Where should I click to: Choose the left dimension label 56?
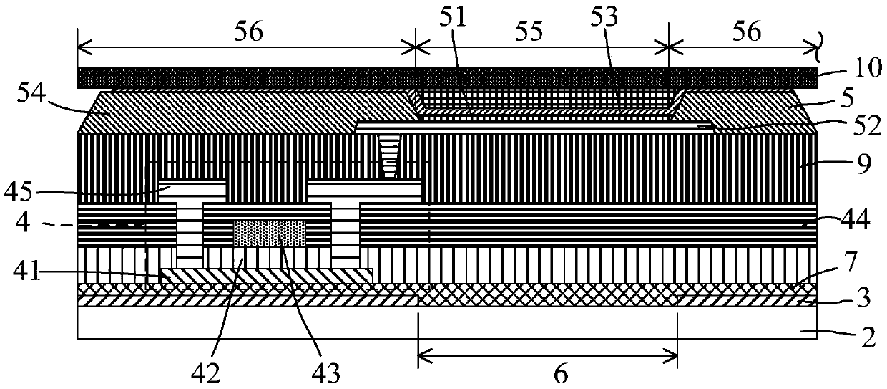point(247,30)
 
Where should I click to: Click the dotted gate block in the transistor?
point(270,233)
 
